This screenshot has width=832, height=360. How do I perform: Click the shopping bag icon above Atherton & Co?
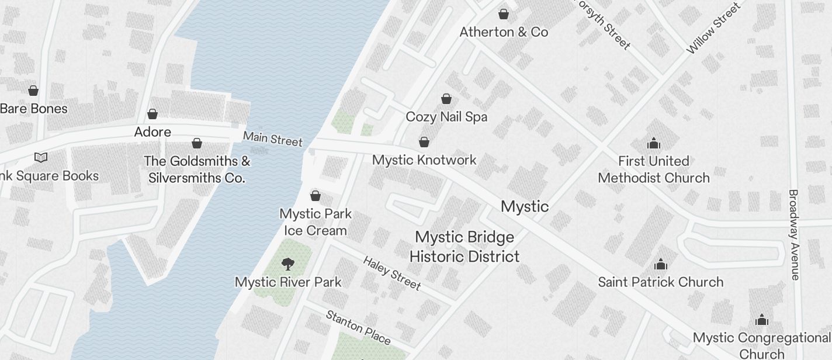[x=504, y=14]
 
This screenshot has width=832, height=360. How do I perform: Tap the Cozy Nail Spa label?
[x=446, y=117]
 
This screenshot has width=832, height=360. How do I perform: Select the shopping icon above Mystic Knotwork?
[x=424, y=142]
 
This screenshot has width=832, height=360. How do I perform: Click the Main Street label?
[x=273, y=139]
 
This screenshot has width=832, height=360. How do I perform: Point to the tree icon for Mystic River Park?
[x=288, y=264]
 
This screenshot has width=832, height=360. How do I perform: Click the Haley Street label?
[x=391, y=273]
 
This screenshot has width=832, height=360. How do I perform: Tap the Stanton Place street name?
[x=358, y=327]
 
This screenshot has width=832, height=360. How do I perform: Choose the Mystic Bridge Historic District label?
[x=464, y=247]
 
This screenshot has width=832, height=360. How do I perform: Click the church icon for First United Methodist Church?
[x=653, y=143]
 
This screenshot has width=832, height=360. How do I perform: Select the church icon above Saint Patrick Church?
[x=661, y=264]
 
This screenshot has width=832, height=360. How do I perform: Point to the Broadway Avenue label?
[x=793, y=234]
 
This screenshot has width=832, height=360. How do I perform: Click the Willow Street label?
[x=713, y=28]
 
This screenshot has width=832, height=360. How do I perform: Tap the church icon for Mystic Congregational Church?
[x=761, y=320]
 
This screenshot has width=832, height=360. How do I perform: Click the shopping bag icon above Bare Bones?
[x=33, y=91]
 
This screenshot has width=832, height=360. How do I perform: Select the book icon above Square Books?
[x=40, y=157]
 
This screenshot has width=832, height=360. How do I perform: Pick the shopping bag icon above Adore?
[x=152, y=114]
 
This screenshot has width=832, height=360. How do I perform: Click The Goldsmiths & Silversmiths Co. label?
[x=197, y=169]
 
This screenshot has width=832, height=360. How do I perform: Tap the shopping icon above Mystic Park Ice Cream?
[x=316, y=195]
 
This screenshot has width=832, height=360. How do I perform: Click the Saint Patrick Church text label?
[x=660, y=282]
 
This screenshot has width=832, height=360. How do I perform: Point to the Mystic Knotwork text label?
[x=424, y=160]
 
